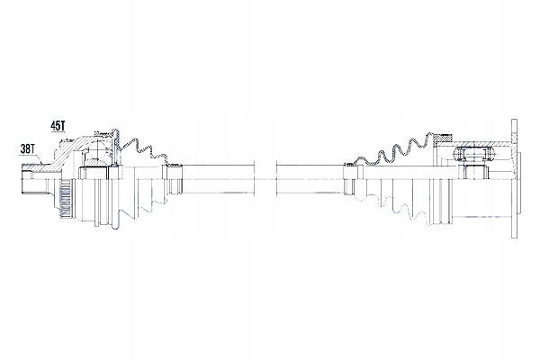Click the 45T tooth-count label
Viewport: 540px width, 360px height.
tap(58, 126)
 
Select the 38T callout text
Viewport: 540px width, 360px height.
tap(28, 148)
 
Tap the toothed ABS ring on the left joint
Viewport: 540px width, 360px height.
tap(64, 200)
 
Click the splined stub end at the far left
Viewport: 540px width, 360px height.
tap(27, 179)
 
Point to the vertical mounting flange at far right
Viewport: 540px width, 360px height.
tap(514, 178)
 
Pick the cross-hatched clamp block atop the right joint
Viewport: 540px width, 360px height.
tap(443, 138)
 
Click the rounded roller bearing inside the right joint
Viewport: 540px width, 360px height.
tap(474, 153)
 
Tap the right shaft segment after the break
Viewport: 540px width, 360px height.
tap(310, 179)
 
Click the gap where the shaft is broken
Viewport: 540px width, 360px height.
tap(265, 179)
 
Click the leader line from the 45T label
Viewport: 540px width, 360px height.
tap(65, 135)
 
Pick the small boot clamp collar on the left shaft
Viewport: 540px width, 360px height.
tap(175, 179)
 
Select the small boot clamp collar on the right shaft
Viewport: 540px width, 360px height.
tap(349, 179)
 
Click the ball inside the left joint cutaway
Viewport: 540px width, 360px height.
tap(98, 151)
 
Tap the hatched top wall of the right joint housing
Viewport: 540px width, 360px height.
tap(479, 143)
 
